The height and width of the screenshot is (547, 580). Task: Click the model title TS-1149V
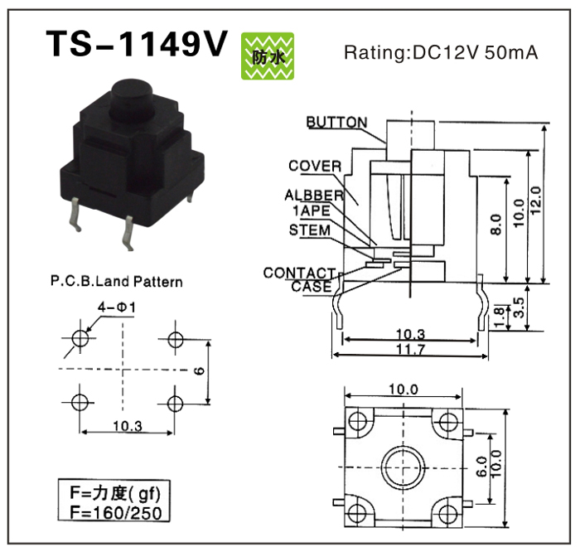pos(136,44)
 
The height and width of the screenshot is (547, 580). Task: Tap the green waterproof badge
pos(268,56)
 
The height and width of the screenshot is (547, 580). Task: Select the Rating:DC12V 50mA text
pos(441,52)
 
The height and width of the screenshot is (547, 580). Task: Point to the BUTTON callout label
pos(337,122)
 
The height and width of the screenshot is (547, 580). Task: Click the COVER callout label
pos(315,166)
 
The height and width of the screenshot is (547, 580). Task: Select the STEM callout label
pos(310,230)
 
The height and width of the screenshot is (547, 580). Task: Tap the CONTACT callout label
pos(299,273)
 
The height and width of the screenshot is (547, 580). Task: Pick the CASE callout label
pos(312,287)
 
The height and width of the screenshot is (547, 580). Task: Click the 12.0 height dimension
pos(536,201)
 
